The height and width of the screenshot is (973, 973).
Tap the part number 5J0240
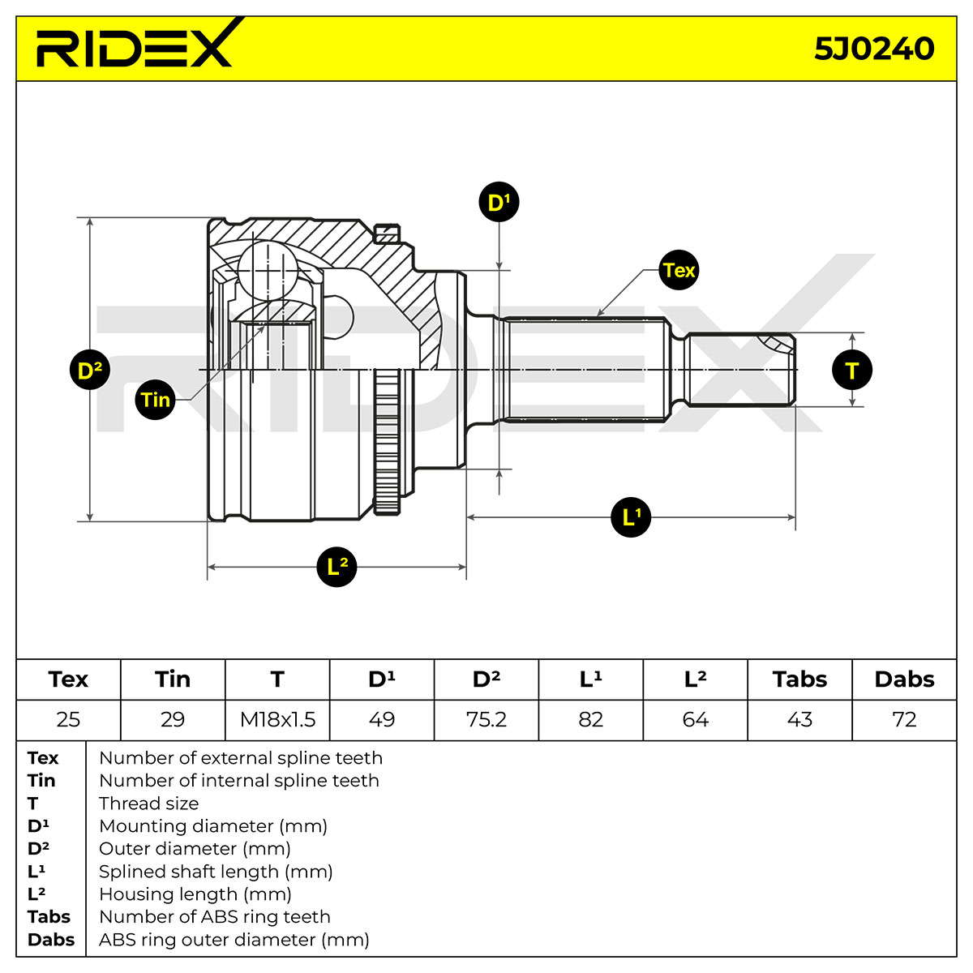(874, 49)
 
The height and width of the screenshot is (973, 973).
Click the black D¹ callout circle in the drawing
(499, 202)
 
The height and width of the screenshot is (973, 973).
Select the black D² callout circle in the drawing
(90, 370)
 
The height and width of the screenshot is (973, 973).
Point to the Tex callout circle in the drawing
(679, 270)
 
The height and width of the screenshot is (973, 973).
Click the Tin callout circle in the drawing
(155, 400)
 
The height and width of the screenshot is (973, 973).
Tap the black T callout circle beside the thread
(852, 370)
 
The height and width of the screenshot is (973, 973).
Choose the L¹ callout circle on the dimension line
(631, 517)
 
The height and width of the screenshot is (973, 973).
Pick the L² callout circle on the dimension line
(336, 567)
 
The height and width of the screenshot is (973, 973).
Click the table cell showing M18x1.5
(277, 719)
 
